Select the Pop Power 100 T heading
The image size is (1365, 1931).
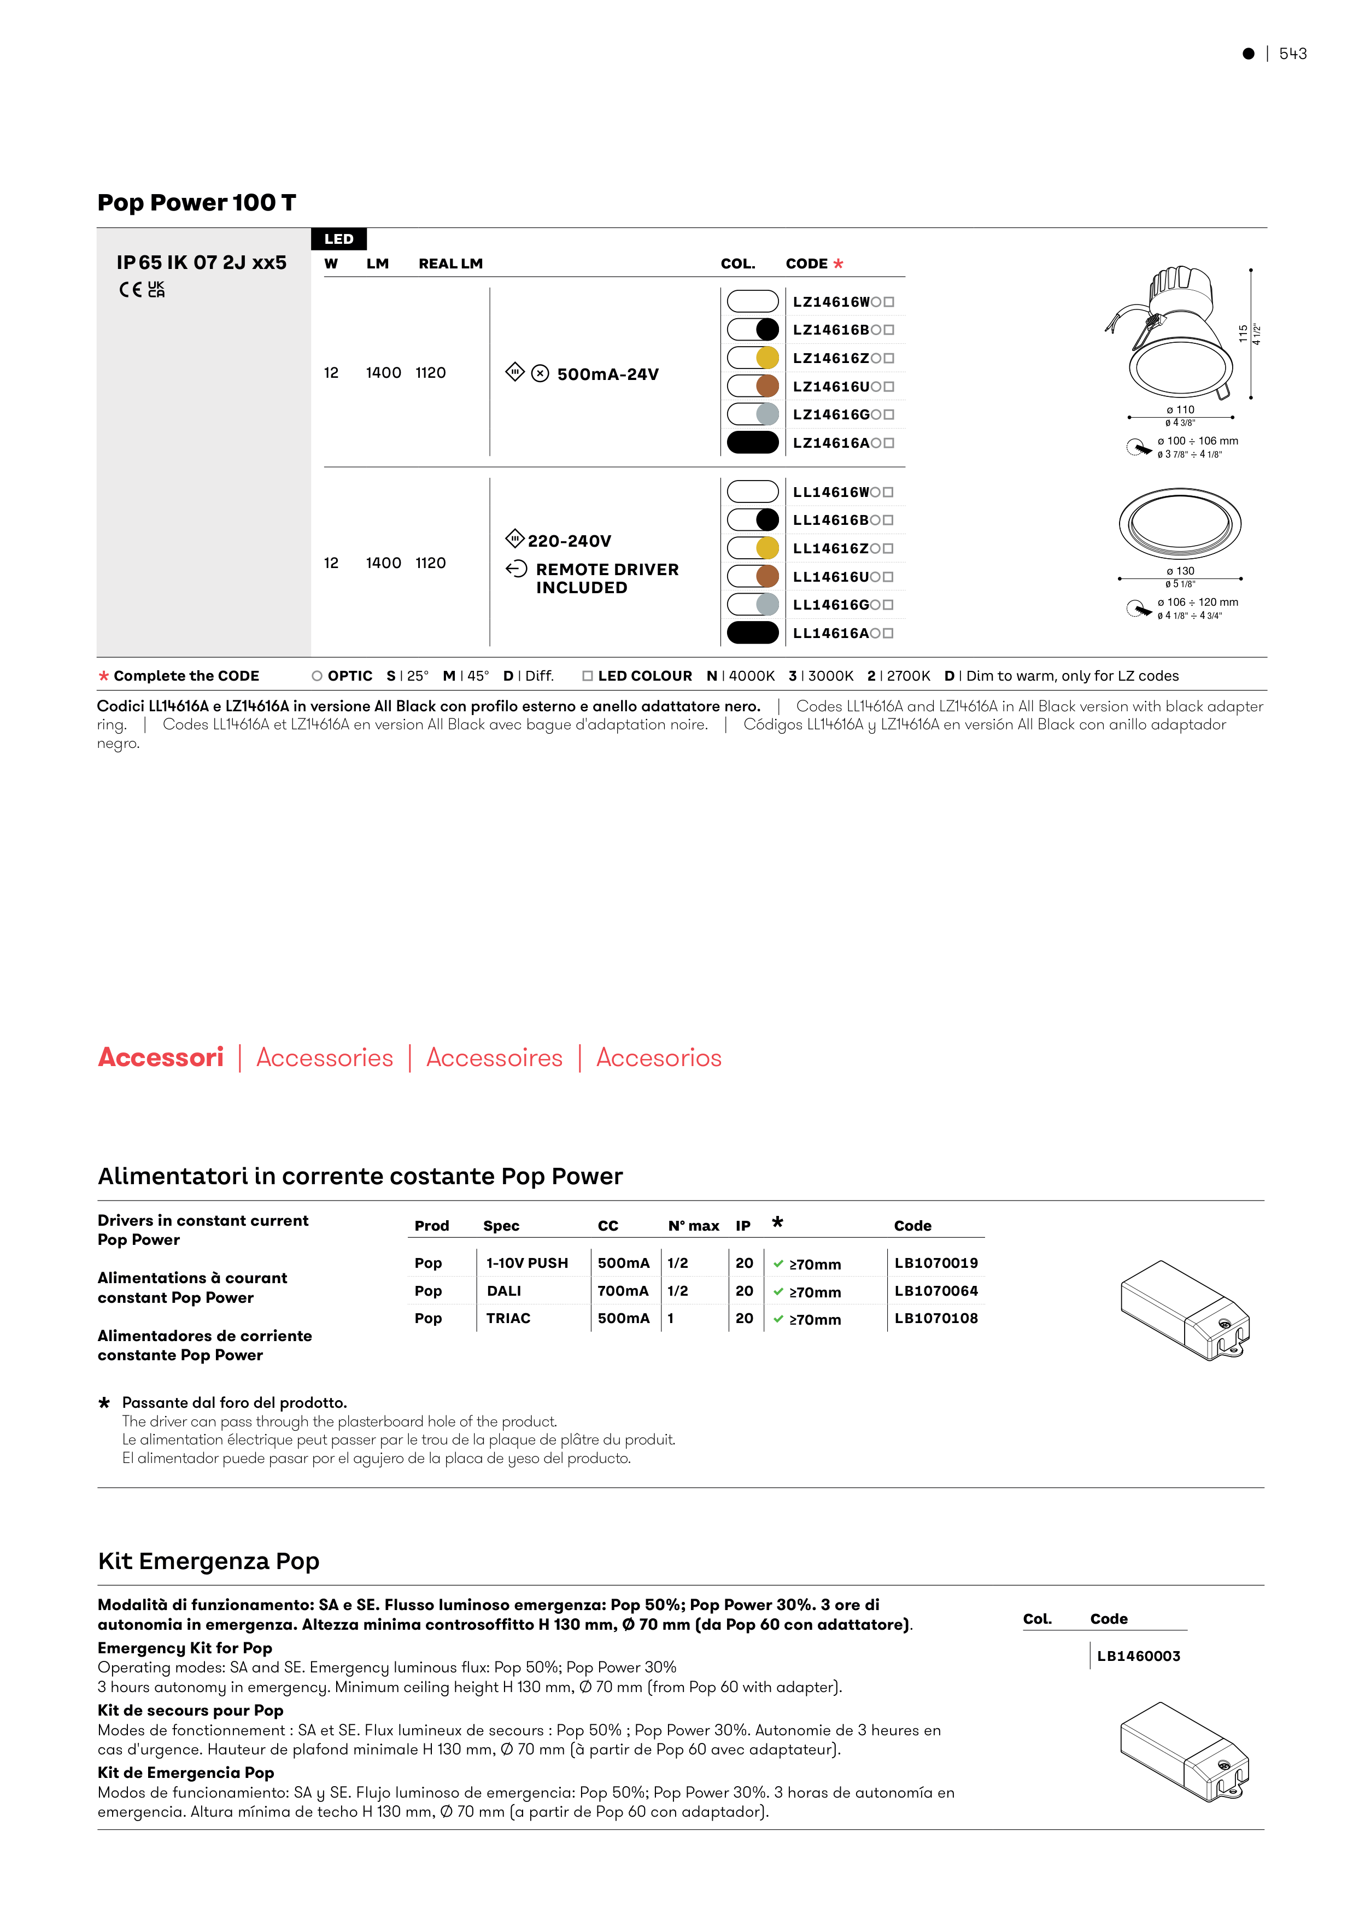(x=197, y=203)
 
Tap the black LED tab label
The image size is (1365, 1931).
(x=339, y=239)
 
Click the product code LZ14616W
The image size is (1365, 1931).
(x=831, y=302)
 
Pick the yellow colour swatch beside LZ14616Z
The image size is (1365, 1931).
(x=767, y=358)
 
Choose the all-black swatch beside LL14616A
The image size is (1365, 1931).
(x=753, y=633)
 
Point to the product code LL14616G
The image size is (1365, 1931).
(x=831, y=605)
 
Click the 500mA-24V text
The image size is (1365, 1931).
(x=607, y=375)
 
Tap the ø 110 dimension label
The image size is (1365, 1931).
(x=1180, y=409)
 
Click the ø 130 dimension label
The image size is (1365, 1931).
(x=1180, y=571)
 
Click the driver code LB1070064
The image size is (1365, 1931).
(x=936, y=1290)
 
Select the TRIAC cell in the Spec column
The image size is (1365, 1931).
(x=508, y=1318)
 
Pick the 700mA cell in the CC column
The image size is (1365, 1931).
(x=623, y=1290)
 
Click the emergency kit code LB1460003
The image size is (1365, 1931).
(x=1138, y=1656)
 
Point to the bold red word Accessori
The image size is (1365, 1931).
(x=161, y=1057)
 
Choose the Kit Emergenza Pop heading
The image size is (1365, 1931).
(x=209, y=1561)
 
